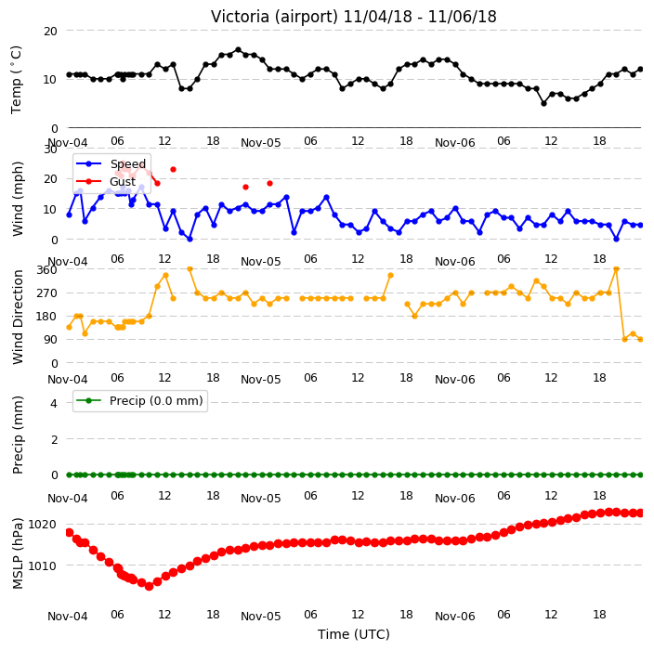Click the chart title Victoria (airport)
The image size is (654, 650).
[x=274, y=17]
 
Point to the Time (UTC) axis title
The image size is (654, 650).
[x=354, y=634]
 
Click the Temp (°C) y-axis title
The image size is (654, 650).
[x=17, y=79]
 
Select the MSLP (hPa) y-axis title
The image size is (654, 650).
[x=17, y=553]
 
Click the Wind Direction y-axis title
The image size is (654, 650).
[x=18, y=317]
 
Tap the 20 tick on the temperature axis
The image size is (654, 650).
[x=50, y=32]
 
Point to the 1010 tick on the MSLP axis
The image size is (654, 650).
[x=42, y=565]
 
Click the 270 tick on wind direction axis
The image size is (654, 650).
[x=46, y=293]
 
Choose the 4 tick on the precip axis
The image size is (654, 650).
[x=54, y=403]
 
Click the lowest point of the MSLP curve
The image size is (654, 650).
[x=149, y=586]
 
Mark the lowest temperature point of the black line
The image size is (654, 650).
[x=543, y=103]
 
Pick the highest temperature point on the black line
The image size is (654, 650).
[x=238, y=50]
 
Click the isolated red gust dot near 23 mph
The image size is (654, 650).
[x=173, y=170]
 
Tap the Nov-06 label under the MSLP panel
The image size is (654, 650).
[x=454, y=617]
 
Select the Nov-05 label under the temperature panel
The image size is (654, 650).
[x=261, y=143]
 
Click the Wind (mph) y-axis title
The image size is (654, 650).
[x=18, y=199]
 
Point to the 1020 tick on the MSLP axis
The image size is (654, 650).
[x=42, y=524]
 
